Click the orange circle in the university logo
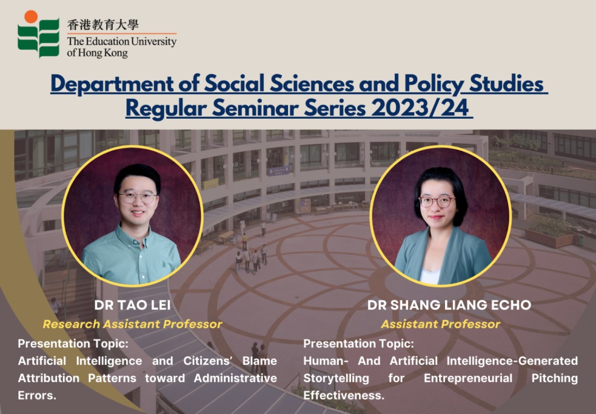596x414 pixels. point(31,17)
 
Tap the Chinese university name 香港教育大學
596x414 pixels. point(103,24)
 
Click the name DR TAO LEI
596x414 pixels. point(132,305)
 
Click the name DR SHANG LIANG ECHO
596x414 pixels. point(449,305)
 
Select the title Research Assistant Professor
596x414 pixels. point(132,324)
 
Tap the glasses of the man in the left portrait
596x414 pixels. point(137,197)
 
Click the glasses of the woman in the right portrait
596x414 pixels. point(437,201)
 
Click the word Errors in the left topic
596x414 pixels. point(37,396)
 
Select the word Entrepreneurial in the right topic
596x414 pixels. point(468,378)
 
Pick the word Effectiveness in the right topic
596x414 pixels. point(343,396)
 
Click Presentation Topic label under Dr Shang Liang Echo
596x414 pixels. point(359,344)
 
